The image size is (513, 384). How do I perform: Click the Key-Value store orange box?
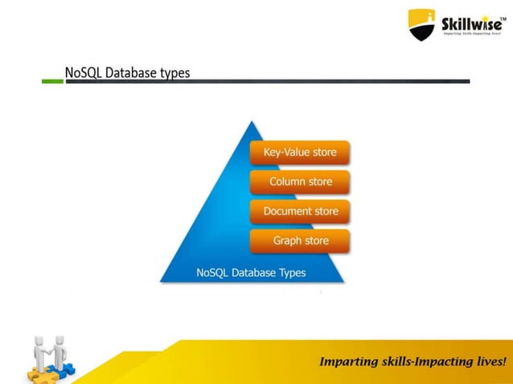tap(300, 152)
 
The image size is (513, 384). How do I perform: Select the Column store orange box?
tap(300, 182)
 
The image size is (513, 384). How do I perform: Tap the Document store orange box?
tap(300, 211)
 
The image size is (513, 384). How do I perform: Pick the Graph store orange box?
tap(300, 240)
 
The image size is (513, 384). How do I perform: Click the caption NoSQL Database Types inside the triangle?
tap(251, 272)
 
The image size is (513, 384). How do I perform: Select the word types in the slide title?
tap(174, 73)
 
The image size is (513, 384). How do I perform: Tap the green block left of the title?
tap(52, 80)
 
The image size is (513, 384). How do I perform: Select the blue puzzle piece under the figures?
tap(64, 370)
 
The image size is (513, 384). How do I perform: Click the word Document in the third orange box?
tap(286, 211)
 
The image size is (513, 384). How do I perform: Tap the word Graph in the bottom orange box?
tap(287, 240)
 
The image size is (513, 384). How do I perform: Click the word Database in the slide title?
tap(130, 72)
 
